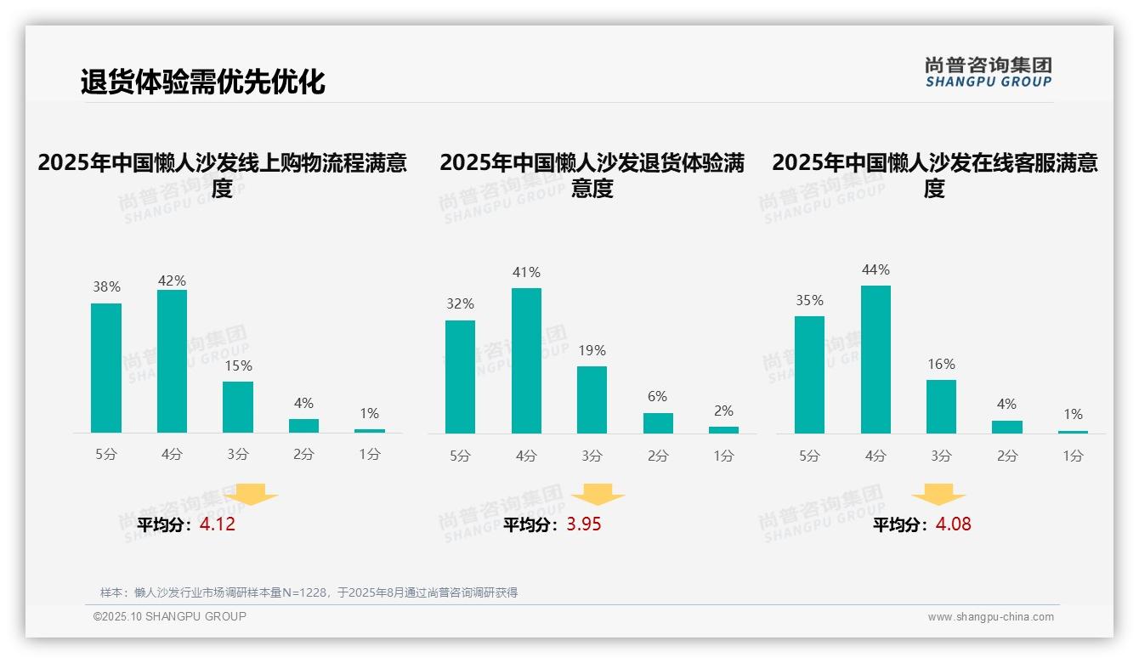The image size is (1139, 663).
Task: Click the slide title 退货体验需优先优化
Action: (x=202, y=82)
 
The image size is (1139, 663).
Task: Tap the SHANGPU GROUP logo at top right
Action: (x=988, y=71)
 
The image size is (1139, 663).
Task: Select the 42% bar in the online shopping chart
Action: (x=172, y=361)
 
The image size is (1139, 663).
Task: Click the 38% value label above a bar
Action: (x=106, y=287)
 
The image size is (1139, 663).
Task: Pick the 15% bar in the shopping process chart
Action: (x=238, y=407)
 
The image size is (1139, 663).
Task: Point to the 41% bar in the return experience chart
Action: (x=526, y=360)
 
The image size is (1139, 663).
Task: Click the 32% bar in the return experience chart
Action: (x=460, y=377)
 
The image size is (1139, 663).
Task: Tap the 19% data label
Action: (x=592, y=350)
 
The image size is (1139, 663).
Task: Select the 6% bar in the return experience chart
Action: (x=658, y=422)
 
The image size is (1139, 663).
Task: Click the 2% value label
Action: (x=723, y=411)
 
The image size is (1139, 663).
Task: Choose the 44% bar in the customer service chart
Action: (x=875, y=360)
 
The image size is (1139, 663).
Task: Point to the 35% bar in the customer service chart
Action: (x=809, y=375)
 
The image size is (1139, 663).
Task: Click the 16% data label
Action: (x=941, y=364)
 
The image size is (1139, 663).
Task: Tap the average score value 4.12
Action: (x=218, y=524)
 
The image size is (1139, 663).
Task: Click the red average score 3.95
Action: (x=584, y=524)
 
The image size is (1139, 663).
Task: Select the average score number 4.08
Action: (x=953, y=524)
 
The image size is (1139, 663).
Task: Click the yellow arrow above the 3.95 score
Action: (x=598, y=495)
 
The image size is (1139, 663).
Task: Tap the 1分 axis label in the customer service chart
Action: (x=1073, y=456)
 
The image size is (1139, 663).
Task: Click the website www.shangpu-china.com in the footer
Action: (x=990, y=617)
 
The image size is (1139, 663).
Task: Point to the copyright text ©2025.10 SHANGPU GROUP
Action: (x=170, y=616)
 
